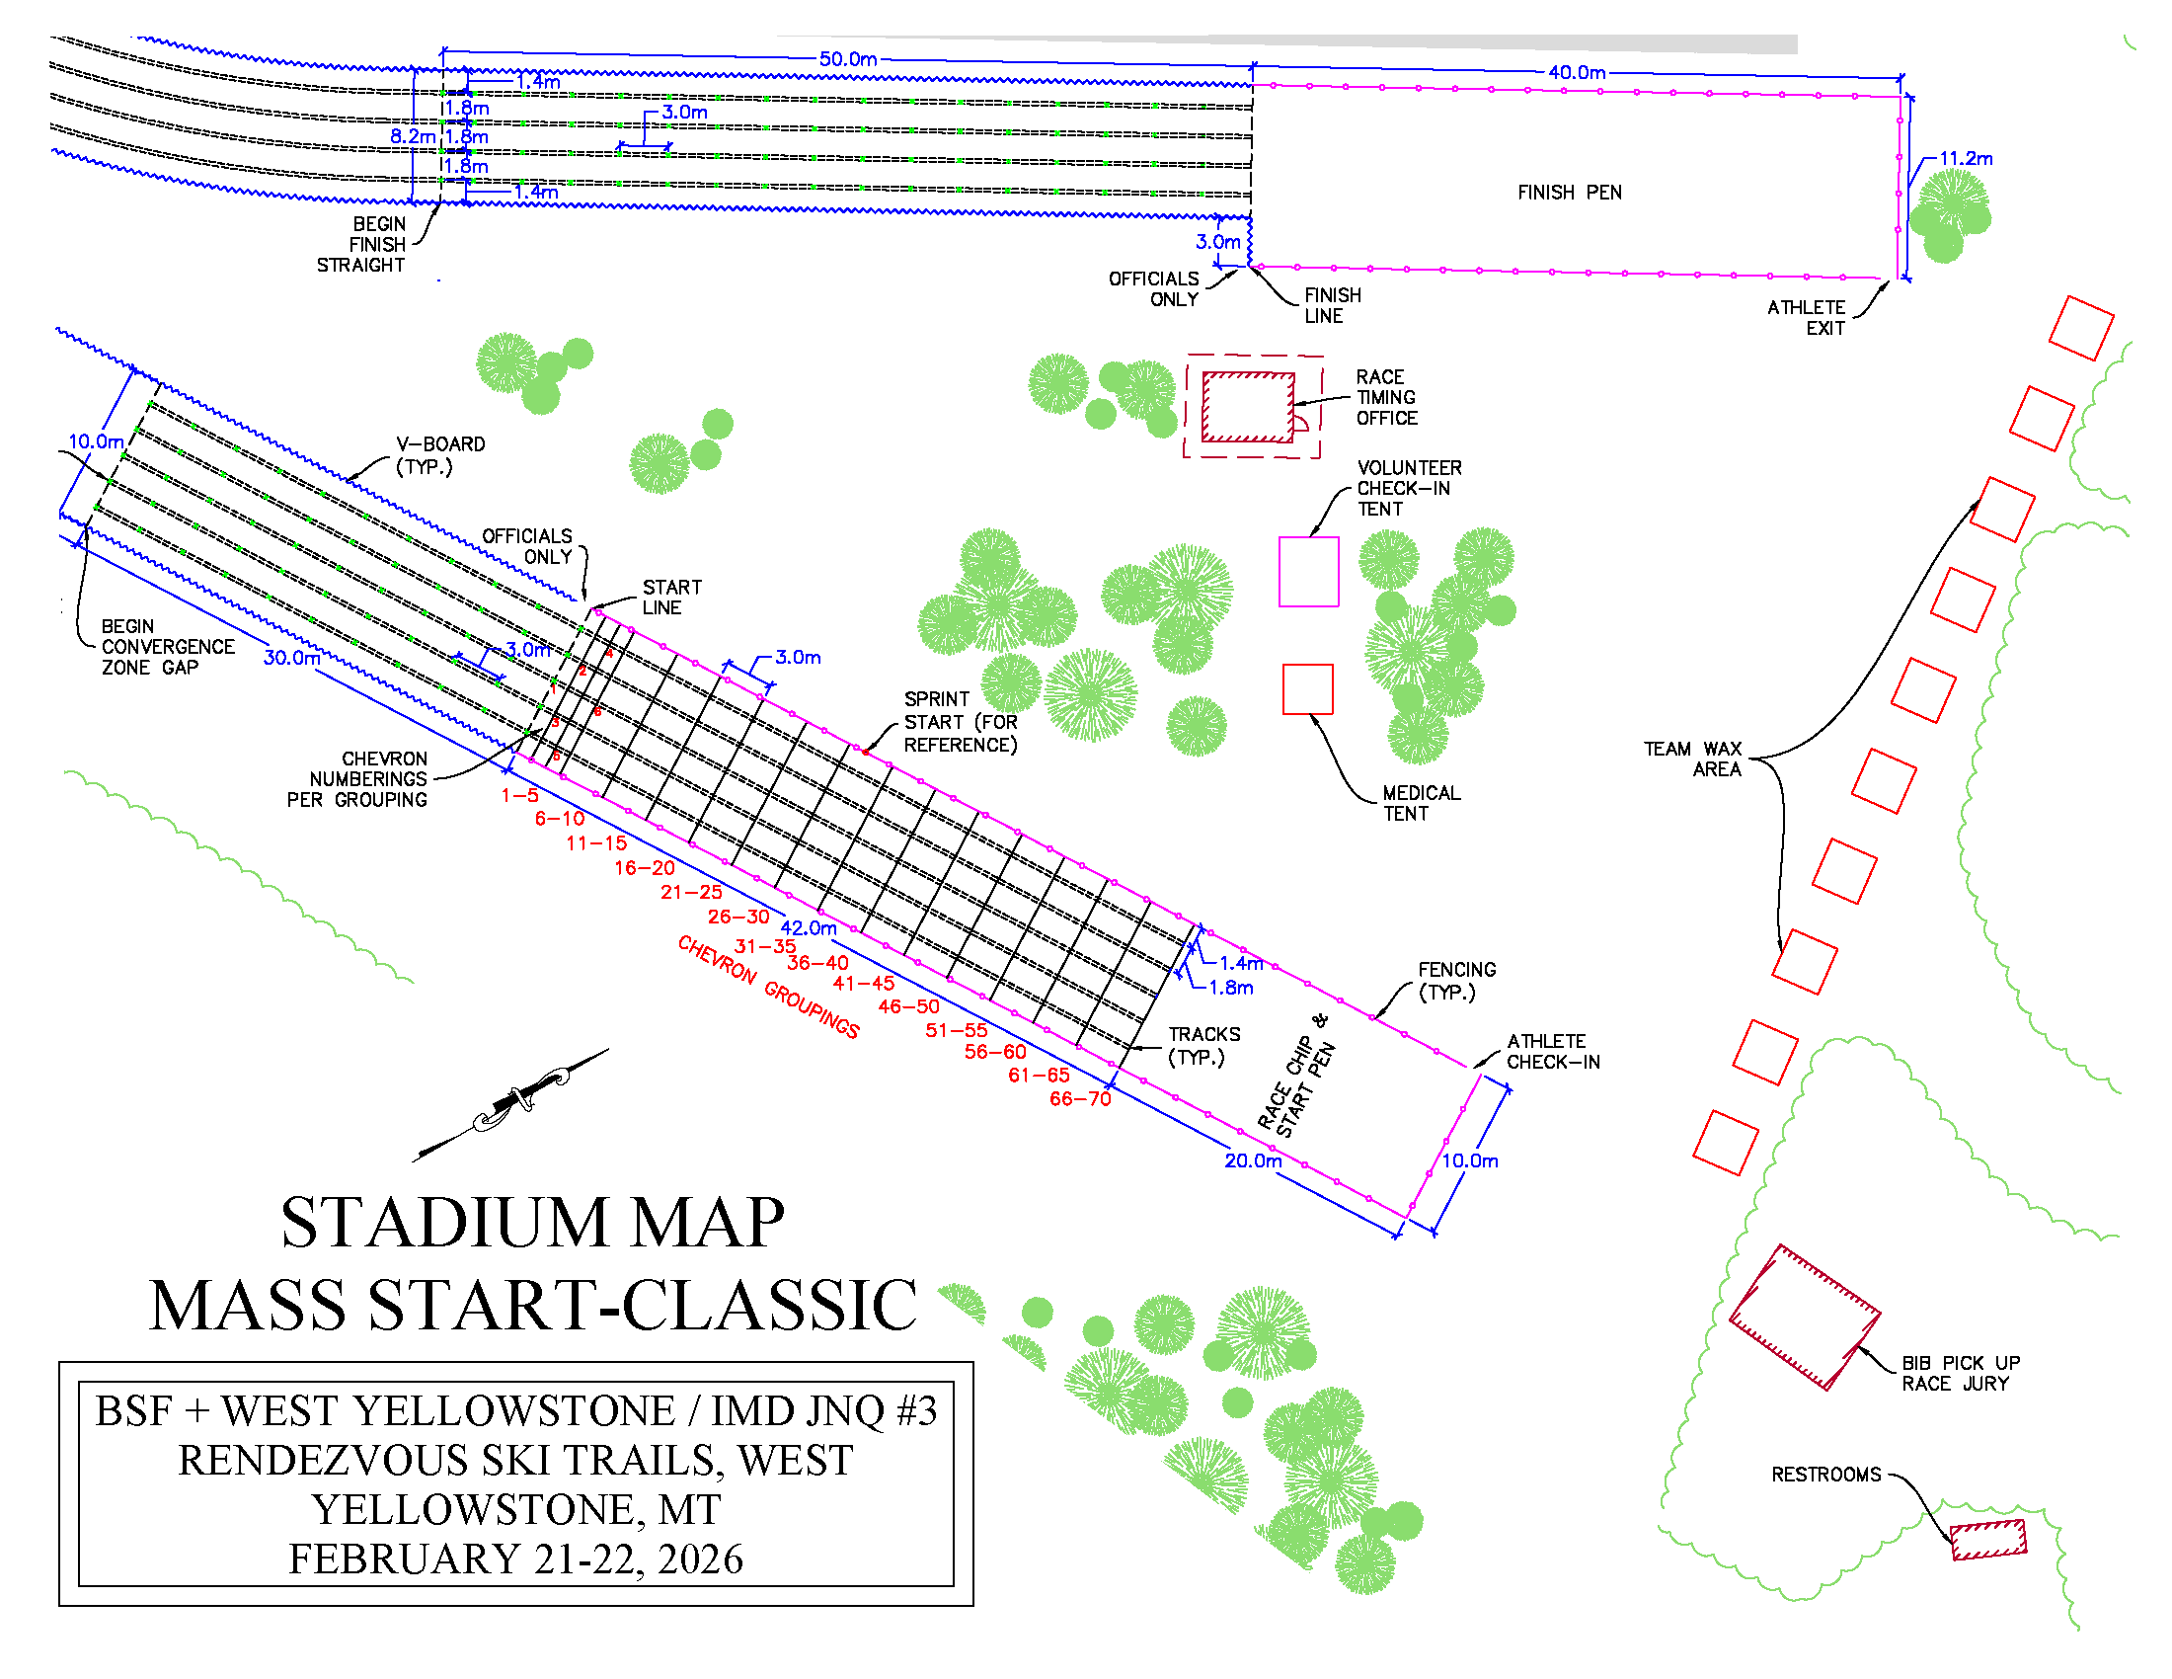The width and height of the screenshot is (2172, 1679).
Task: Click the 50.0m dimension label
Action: [847, 58]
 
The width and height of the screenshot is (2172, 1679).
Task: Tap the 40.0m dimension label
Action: [1577, 73]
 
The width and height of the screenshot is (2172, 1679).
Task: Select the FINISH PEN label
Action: [1570, 192]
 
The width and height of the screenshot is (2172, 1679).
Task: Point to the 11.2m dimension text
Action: [1965, 158]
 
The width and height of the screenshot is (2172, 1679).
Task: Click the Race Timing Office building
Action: [1248, 407]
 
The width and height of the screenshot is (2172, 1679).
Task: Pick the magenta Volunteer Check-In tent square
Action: [1308, 571]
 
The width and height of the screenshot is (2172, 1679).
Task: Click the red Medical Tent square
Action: [1307, 688]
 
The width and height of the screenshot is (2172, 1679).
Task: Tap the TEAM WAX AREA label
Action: [1691, 758]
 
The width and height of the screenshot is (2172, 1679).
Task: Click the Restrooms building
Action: [1987, 1539]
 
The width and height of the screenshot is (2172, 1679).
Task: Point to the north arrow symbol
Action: [512, 1103]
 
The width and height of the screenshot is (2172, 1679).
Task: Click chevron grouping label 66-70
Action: [1080, 1098]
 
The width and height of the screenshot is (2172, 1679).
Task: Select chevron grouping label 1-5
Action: [519, 795]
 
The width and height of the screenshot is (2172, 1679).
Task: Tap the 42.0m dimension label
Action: [808, 927]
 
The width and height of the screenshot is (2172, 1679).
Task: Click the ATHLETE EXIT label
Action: [1806, 317]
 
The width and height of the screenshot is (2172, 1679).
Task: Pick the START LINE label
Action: [671, 597]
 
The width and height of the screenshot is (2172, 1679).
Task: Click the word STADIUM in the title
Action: [443, 1223]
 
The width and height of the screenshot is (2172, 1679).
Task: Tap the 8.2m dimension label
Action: [412, 136]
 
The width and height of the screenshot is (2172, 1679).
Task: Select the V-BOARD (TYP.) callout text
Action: [439, 454]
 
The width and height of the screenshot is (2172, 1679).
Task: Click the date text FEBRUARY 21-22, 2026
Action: [515, 1559]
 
